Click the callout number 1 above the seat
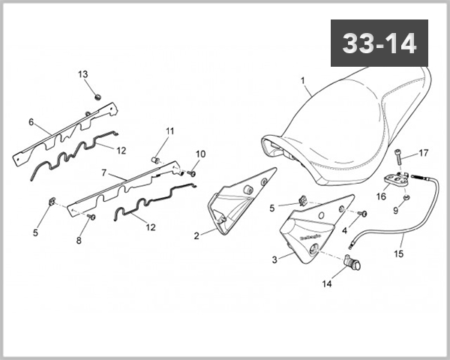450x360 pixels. (303, 80)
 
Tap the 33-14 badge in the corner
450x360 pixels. (379, 43)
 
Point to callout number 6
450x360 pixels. (31, 121)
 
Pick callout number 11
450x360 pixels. (170, 131)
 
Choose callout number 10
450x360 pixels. (200, 154)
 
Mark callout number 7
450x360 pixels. (104, 172)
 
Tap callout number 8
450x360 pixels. (78, 241)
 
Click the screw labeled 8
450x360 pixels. (91, 216)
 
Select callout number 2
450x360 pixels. (196, 235)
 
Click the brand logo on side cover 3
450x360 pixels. (307, 238)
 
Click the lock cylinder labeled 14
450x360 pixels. (352, 264)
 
